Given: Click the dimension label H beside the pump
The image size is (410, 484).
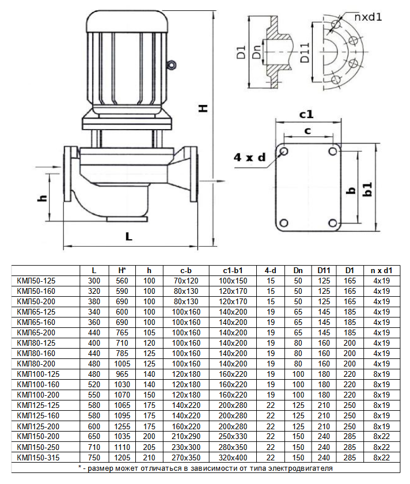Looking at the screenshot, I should point(203,108).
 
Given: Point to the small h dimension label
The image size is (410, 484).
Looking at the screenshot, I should point(41,198).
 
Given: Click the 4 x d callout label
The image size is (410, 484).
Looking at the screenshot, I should point(250,157).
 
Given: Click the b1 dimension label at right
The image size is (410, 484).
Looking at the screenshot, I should point(367,189).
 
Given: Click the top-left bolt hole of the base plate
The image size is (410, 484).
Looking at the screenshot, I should point(283,151).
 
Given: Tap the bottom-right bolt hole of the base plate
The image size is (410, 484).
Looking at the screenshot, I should point(332,222).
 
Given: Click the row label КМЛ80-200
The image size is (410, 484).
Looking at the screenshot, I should point(36,364).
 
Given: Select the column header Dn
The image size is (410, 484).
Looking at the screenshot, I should point(298,270).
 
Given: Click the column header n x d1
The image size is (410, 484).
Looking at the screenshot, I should point(381,270).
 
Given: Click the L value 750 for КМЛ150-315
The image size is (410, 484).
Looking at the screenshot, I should point(94,457).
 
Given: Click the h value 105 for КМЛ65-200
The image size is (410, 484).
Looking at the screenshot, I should point(150,332).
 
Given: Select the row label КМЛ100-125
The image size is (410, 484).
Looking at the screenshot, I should point(38,374).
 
